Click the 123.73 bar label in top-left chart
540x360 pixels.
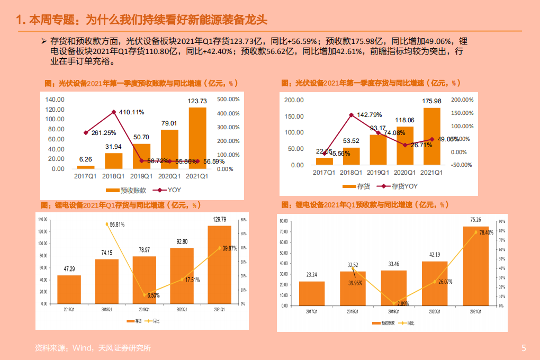197,101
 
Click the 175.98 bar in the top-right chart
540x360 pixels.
431,136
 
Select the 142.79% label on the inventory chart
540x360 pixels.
369,115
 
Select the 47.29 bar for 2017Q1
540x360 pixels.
69,290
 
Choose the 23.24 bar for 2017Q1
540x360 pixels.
311,293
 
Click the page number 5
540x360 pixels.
524,348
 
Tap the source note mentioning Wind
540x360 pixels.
93,348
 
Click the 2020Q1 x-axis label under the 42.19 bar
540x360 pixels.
434,312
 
